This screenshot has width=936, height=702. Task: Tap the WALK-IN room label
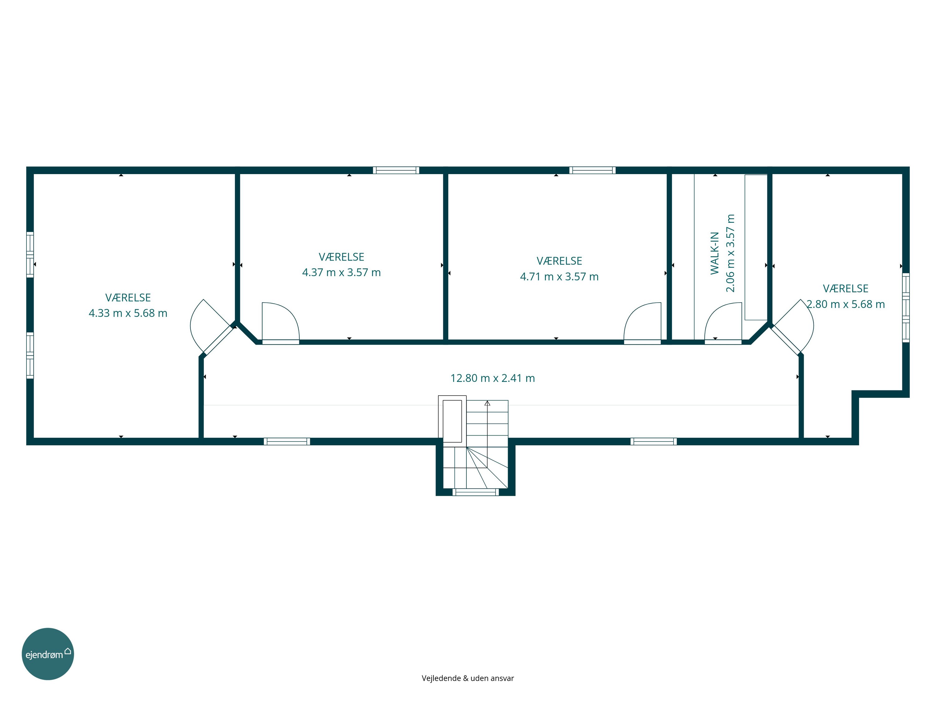tap(715, 253)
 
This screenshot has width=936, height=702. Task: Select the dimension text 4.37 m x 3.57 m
tap(341, 272)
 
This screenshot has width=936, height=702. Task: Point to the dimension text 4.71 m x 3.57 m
tap(559, 277)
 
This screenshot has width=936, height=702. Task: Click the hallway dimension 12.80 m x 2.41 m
tap(493, 378)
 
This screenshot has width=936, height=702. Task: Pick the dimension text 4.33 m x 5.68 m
tap(128, 313)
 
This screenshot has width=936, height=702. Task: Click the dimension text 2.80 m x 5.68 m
tap(846, 304)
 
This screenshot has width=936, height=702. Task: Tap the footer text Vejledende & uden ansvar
tap(468, 678)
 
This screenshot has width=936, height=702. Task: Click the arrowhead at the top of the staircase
tap(487, 403)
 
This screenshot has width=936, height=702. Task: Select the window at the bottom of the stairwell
tap(475, 492)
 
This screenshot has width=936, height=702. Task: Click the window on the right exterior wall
tap(906, 308)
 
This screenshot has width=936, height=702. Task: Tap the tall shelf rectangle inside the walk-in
tap(756, 247)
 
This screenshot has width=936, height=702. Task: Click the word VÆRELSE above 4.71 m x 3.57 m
tap(559, 261)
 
